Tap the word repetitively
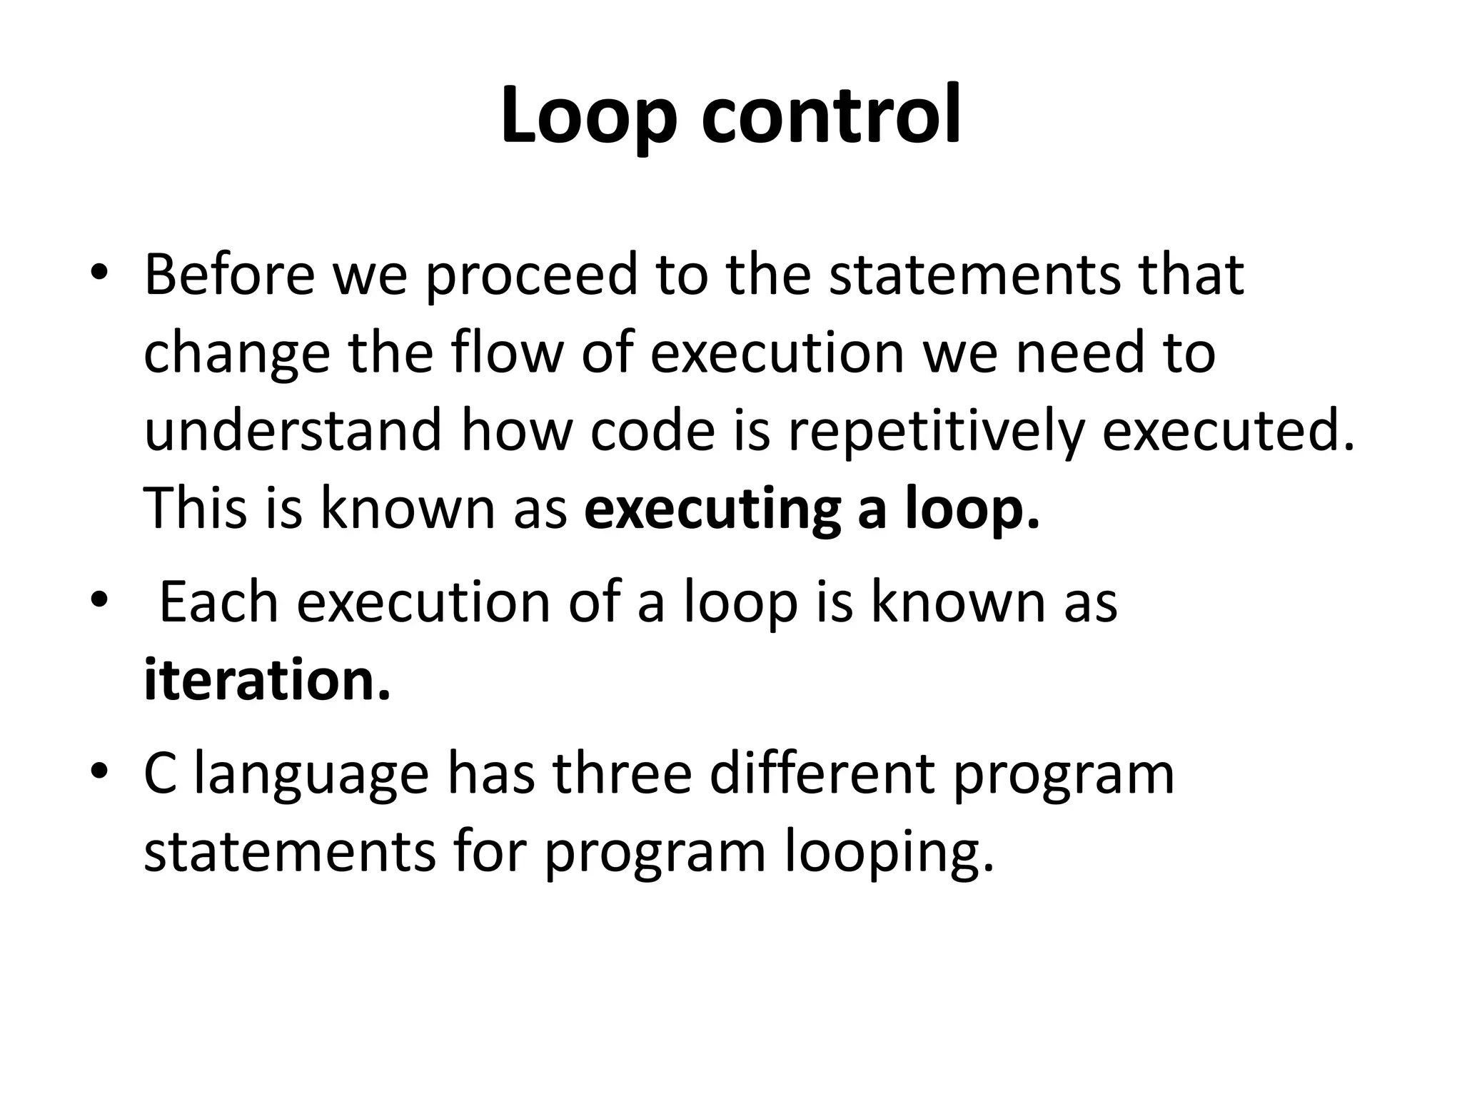(x=935, y=434)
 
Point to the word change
(x=236, y=355)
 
